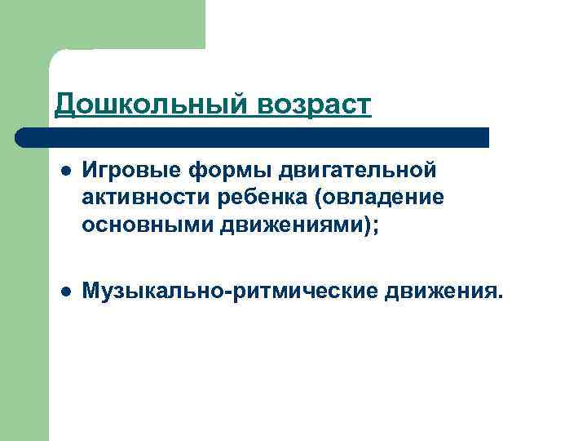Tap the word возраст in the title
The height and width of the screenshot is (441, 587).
[x=315, y=105]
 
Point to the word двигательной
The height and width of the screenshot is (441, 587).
[x=359, y=171]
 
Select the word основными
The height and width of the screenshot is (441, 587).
[x=147, y=225]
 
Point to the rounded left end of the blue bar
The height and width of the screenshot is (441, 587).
[x=20, y=137]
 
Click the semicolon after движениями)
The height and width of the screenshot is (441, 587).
[x=376, y=226]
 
